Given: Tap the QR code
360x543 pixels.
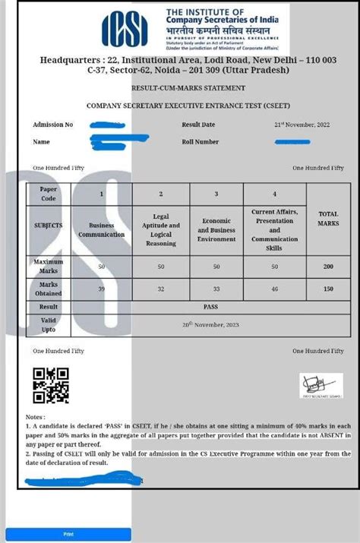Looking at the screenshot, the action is click(51, 385).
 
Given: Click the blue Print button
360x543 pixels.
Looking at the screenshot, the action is click(68, 534).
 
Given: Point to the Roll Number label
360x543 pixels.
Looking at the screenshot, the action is click(201, 141).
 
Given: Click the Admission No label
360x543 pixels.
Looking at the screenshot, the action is click(53, 125).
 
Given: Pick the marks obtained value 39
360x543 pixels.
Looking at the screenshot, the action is click(102, 289).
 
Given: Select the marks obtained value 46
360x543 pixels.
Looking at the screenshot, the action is click(274, 289).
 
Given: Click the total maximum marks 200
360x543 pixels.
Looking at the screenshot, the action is click(328, 267).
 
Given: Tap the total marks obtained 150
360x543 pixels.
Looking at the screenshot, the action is click(328, 289).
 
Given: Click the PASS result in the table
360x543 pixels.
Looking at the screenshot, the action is click(216, 307).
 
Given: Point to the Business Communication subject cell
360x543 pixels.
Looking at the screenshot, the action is click(102, 229).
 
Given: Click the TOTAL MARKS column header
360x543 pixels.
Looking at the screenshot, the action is click(328, 219).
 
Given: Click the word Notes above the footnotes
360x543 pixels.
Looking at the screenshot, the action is click(35, 417).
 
